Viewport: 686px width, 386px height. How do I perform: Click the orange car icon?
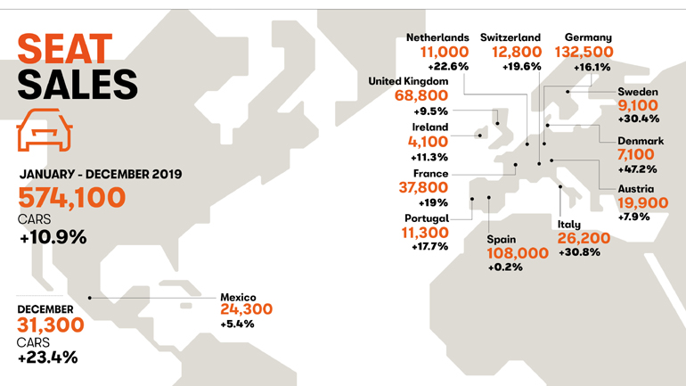[44, 130]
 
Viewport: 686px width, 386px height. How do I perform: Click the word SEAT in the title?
[64, 50]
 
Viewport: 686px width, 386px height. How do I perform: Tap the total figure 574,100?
[72, 198]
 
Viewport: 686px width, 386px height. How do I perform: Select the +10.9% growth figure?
[53, 237]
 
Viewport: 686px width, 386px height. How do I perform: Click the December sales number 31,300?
[51, 325]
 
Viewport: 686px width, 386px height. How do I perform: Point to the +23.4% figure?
[47, 357]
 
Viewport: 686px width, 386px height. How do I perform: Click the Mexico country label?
[238, 297]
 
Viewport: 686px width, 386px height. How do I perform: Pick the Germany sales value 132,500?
[588, 53]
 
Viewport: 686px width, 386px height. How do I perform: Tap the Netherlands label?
[437, 37]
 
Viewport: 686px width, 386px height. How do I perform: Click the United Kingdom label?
[408, 81]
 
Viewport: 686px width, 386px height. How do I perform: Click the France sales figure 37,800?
[422, 187]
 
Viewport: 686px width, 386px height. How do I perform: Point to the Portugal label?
[426, 218]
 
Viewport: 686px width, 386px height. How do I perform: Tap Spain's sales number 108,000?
[517, 253]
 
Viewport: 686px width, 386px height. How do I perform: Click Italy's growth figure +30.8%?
[579, 252]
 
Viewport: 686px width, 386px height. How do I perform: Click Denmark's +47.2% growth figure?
[637, 168]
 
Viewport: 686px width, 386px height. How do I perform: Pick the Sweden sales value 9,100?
[638, 106]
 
